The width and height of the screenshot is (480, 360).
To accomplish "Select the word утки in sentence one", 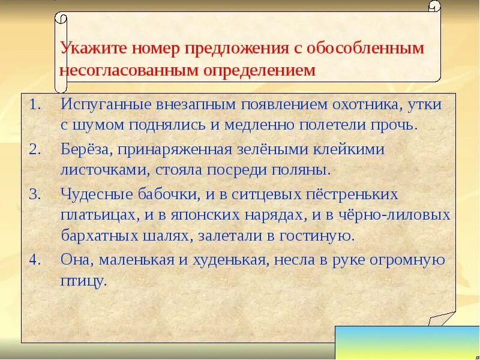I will tap(424, 104).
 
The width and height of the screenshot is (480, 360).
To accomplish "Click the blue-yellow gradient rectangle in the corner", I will tap(407, 343).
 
